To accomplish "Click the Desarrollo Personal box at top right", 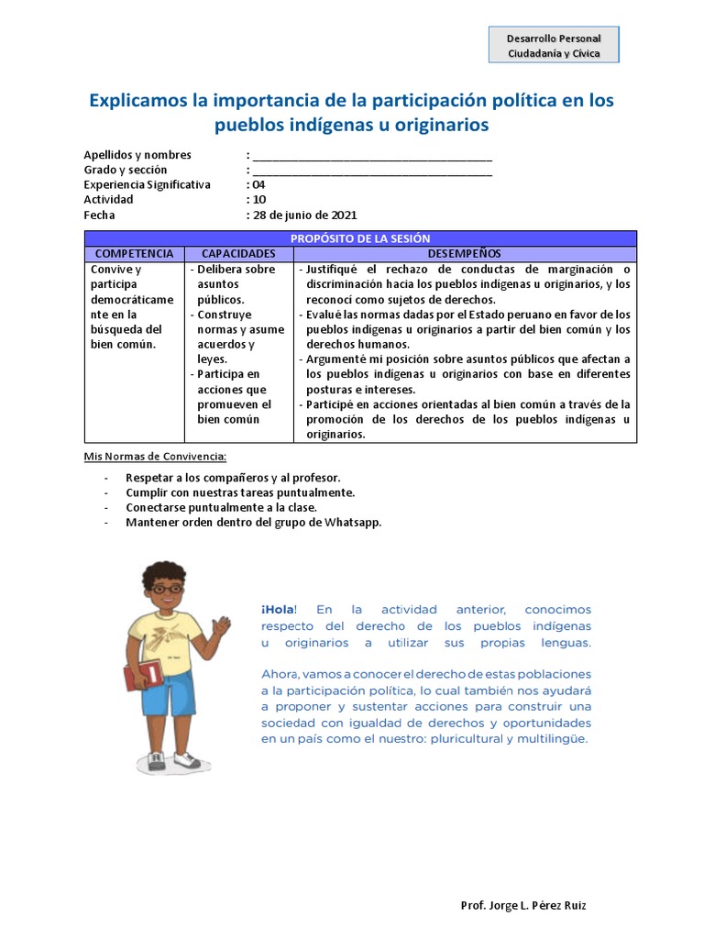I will click(x=554, y=45).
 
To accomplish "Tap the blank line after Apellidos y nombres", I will click(x=372, y=156).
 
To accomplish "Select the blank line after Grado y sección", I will click(x=372, y=171).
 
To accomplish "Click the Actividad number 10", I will click(x=259, y=200).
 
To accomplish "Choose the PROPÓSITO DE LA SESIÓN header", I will click(x=360, y=238).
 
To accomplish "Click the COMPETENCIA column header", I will click(x=134, y=253).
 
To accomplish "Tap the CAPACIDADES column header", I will click(x=238, y=253).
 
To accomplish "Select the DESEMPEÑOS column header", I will click(x=464, y=253).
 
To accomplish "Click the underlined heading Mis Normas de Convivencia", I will click(x=155, y=457).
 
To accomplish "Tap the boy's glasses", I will click(x=166, y=589).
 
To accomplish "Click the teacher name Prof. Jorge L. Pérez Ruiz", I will click(x=523, y=906).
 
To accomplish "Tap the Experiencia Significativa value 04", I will click(x=258, y=185).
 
